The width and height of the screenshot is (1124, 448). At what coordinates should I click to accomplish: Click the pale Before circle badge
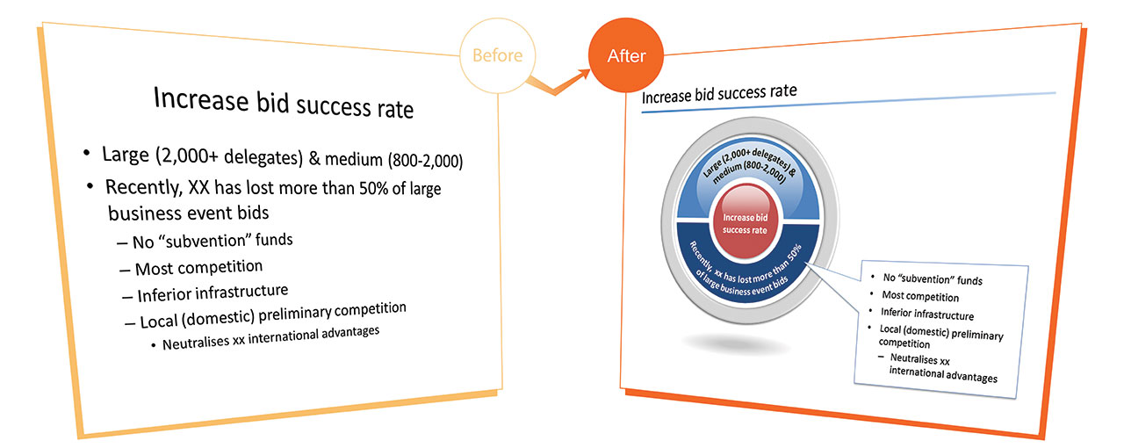click(497, 55)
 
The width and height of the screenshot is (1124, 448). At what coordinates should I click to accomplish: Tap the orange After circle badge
click(626, 55)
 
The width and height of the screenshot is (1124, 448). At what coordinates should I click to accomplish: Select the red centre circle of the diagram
click(746, 222)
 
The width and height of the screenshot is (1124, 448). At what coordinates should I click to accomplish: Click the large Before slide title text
click(284, 104)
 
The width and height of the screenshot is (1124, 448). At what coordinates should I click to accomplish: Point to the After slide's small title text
click(719, 94)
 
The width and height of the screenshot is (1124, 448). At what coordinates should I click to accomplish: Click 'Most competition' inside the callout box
click(920, 296)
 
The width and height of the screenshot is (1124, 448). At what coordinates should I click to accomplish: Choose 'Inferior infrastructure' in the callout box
click(927, 314)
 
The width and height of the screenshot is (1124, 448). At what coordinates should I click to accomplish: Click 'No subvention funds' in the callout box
click(933, 278)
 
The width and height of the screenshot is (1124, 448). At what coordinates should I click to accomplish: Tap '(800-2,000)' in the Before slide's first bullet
click(426, 160)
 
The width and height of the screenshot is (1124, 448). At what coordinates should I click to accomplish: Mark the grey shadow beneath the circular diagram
click(736, 344)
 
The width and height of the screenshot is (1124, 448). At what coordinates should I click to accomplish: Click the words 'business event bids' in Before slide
click(189, 213)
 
